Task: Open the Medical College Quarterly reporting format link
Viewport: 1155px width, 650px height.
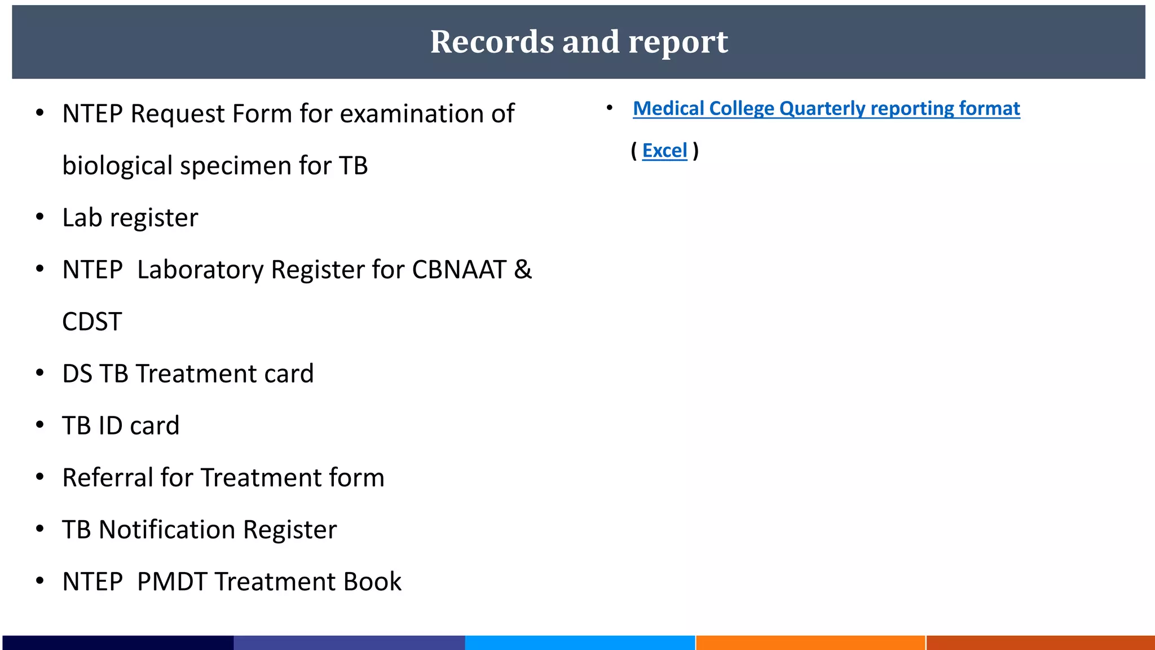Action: tap(826, 108)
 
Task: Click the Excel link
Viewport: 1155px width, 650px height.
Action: tap(664, 151)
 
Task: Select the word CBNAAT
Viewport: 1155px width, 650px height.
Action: tap(459, 270)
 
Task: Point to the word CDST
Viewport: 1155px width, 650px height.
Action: tap(92, 322)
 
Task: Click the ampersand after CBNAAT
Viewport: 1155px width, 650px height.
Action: tap(523, 270)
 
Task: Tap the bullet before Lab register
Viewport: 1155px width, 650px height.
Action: tap(40, 217)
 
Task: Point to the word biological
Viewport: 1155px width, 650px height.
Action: tap(117, 166)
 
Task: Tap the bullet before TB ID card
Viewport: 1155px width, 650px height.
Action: tap(40, 425)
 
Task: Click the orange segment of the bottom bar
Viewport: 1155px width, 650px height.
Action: tap(810, 643)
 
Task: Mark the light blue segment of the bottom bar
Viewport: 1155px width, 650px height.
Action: tap(580, 643)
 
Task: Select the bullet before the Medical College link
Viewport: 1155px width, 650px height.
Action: tap(610, 107)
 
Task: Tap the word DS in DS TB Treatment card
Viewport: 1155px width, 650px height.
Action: tap(77, 374)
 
